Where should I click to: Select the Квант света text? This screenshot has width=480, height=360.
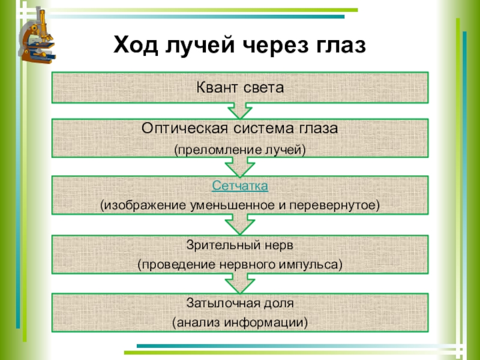(240, 88)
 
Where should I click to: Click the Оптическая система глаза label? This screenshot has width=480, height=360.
(240, 128)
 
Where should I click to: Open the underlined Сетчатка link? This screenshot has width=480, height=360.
(240, 186)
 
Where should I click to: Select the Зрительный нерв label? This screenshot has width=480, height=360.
(240, 245)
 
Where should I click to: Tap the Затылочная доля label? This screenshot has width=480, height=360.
(240, 303)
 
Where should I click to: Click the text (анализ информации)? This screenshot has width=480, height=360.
(240, 323)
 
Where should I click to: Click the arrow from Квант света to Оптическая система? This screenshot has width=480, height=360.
(240, 110)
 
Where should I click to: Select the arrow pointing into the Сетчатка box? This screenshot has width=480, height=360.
(240, 169)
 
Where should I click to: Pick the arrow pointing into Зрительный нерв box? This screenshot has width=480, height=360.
(240, 227)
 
